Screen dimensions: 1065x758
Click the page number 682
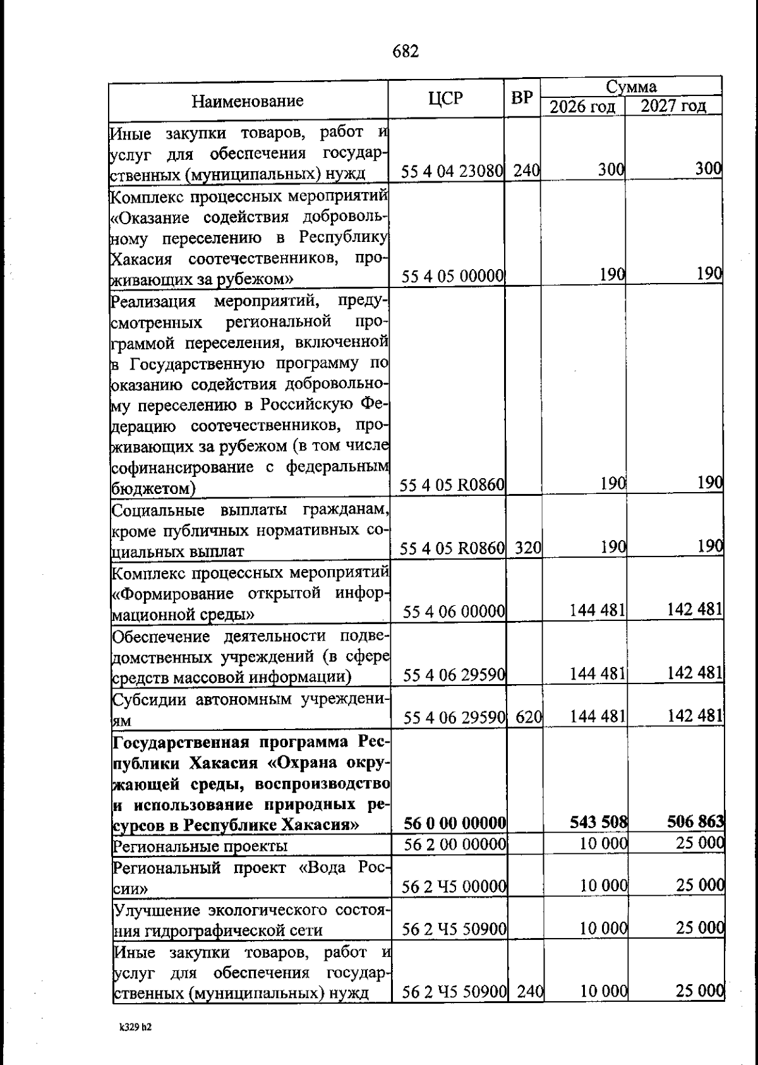tap(406, 51)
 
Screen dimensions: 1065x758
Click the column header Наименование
tap(248, 101)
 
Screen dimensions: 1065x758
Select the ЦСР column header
tap(445, 99)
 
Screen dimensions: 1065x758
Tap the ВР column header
tap(522, 99)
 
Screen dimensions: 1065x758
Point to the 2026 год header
tap(582, 106)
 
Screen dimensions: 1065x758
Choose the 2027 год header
tap(673, 105)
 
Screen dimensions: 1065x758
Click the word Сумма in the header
tap(631, 87)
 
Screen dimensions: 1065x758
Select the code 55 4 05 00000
tap(452, 276)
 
